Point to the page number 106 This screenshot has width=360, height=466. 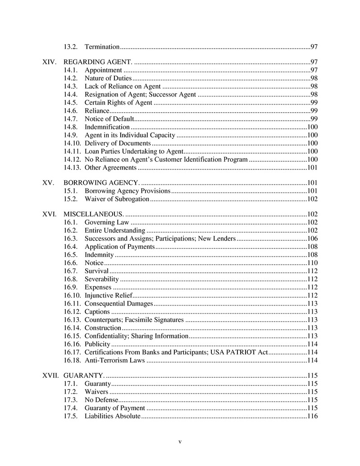tap(312, 238)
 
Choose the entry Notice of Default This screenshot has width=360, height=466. tap(109, 119)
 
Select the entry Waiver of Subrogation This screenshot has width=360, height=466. tap(117, 199)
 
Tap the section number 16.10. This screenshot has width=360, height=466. tap(72, 296)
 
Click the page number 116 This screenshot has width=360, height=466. tap(312, 416)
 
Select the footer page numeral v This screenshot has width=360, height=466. tap(180, 442)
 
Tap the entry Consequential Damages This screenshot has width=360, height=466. tap(119, 304)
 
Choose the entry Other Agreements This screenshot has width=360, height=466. tap(110, 168)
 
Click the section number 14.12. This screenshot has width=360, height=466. tap(72, 160)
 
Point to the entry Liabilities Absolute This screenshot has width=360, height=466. tap(113, 416)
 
